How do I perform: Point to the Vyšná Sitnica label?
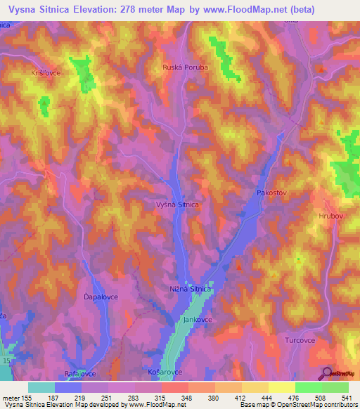coord(176,204)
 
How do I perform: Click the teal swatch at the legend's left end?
coord(41,387)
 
